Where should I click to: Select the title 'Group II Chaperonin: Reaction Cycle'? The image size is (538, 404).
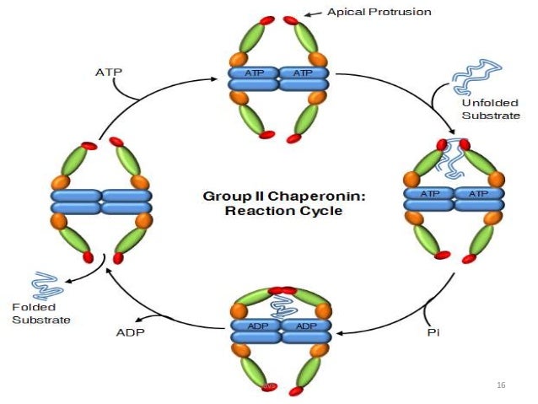coord(272,202)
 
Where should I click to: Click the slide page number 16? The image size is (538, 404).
coord(501,385)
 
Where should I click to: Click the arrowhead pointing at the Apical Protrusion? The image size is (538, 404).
coord(309,14)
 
